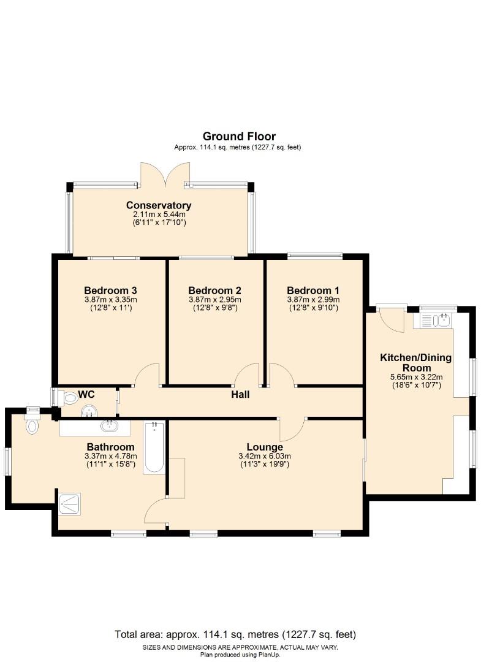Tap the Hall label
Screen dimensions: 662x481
tap(240, 395)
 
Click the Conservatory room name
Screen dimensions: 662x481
tap(159, 205)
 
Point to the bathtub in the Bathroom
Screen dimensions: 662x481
tap(154, 447)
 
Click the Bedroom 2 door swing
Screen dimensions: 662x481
tap(248, 375)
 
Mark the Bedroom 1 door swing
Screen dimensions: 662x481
tap(281, 375)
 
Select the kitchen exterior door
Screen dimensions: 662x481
tap(391, 320)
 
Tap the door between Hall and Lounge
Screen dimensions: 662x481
tap(292, 428)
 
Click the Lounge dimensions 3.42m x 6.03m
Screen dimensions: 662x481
tap(265, 456)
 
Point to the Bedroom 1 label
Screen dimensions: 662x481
tap(312, 291)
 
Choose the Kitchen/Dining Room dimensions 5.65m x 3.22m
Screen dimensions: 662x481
tap(416, 377)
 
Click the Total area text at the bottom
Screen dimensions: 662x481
tap(235, 634)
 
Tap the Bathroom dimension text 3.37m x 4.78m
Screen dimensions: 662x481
tap(110, 456)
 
